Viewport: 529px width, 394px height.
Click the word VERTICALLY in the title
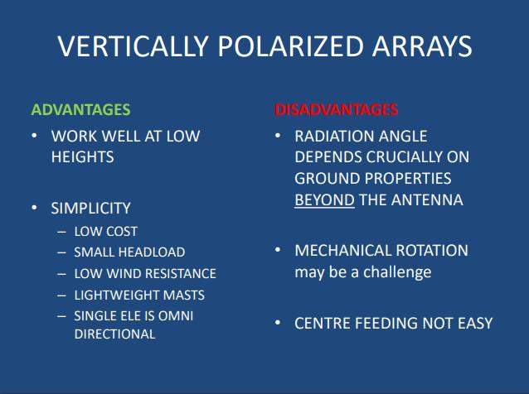click(x=133, y=46)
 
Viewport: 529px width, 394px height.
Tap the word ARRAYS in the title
click(x=422, y=46)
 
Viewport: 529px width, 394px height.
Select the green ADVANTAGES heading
click(x=80, y=110)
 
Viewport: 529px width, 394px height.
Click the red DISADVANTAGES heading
click(x=337, y=110)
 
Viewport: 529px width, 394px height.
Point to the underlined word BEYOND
click(x=324, y=200)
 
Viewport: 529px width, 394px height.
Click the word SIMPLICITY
click(x=90, y=208)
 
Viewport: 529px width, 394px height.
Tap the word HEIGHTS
click(x=83, y=157)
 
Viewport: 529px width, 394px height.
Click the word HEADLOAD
click(x=153, y=252)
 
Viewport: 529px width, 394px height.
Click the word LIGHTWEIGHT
click(x=117, y=295)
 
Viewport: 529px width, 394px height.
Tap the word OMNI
click(x=176, y=316)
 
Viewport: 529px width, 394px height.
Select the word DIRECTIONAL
click(x=114, y=334)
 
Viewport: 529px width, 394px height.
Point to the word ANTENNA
click(x=427, y=200)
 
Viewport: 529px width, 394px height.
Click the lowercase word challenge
click(x=397, y=272)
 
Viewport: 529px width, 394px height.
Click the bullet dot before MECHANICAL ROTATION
click(x=278, y=250)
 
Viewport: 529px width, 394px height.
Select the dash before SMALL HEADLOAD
click(x=61, y=252)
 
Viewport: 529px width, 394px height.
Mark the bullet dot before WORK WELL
click(x=34, y=136)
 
